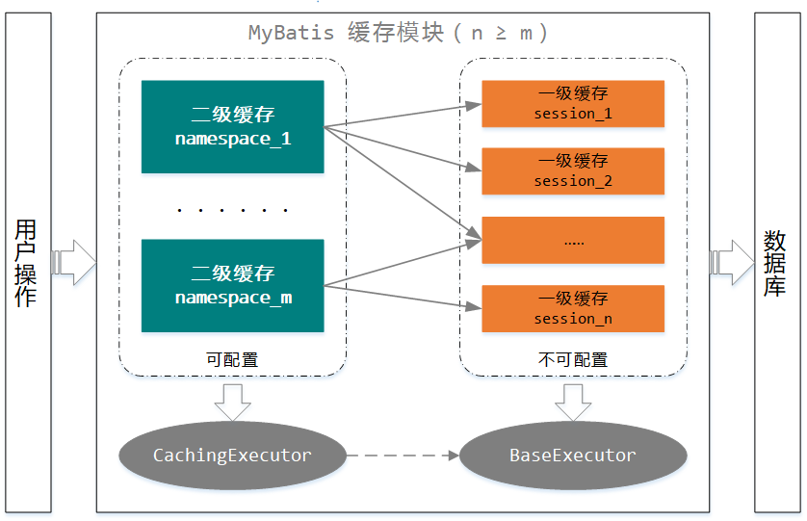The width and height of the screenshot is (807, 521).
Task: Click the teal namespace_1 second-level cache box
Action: click(232, 127)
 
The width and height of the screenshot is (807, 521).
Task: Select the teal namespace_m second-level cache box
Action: click(232, 286)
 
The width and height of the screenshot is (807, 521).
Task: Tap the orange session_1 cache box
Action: click(572, 104)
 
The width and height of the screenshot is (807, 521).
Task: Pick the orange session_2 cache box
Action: click(572, 171)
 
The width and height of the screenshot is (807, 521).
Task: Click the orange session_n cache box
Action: click(572, 309)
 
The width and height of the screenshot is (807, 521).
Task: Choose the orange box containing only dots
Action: click(572, 241)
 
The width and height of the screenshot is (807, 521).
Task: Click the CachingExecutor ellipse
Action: click(232, 456)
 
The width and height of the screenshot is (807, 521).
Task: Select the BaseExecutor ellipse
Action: click(572, 456)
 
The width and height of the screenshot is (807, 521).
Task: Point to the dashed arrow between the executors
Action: click(403, 456)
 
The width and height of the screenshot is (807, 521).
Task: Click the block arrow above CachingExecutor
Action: click(232, 401)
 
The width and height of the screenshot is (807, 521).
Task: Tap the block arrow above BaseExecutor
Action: click(572, 401)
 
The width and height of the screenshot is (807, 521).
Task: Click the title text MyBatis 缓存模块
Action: click(347, 33)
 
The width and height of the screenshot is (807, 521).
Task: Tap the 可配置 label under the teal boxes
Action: click(232, 360)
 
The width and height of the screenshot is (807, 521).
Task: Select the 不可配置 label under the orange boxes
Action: click(572, 360)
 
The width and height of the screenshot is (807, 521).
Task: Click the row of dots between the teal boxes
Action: click(232, 209)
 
